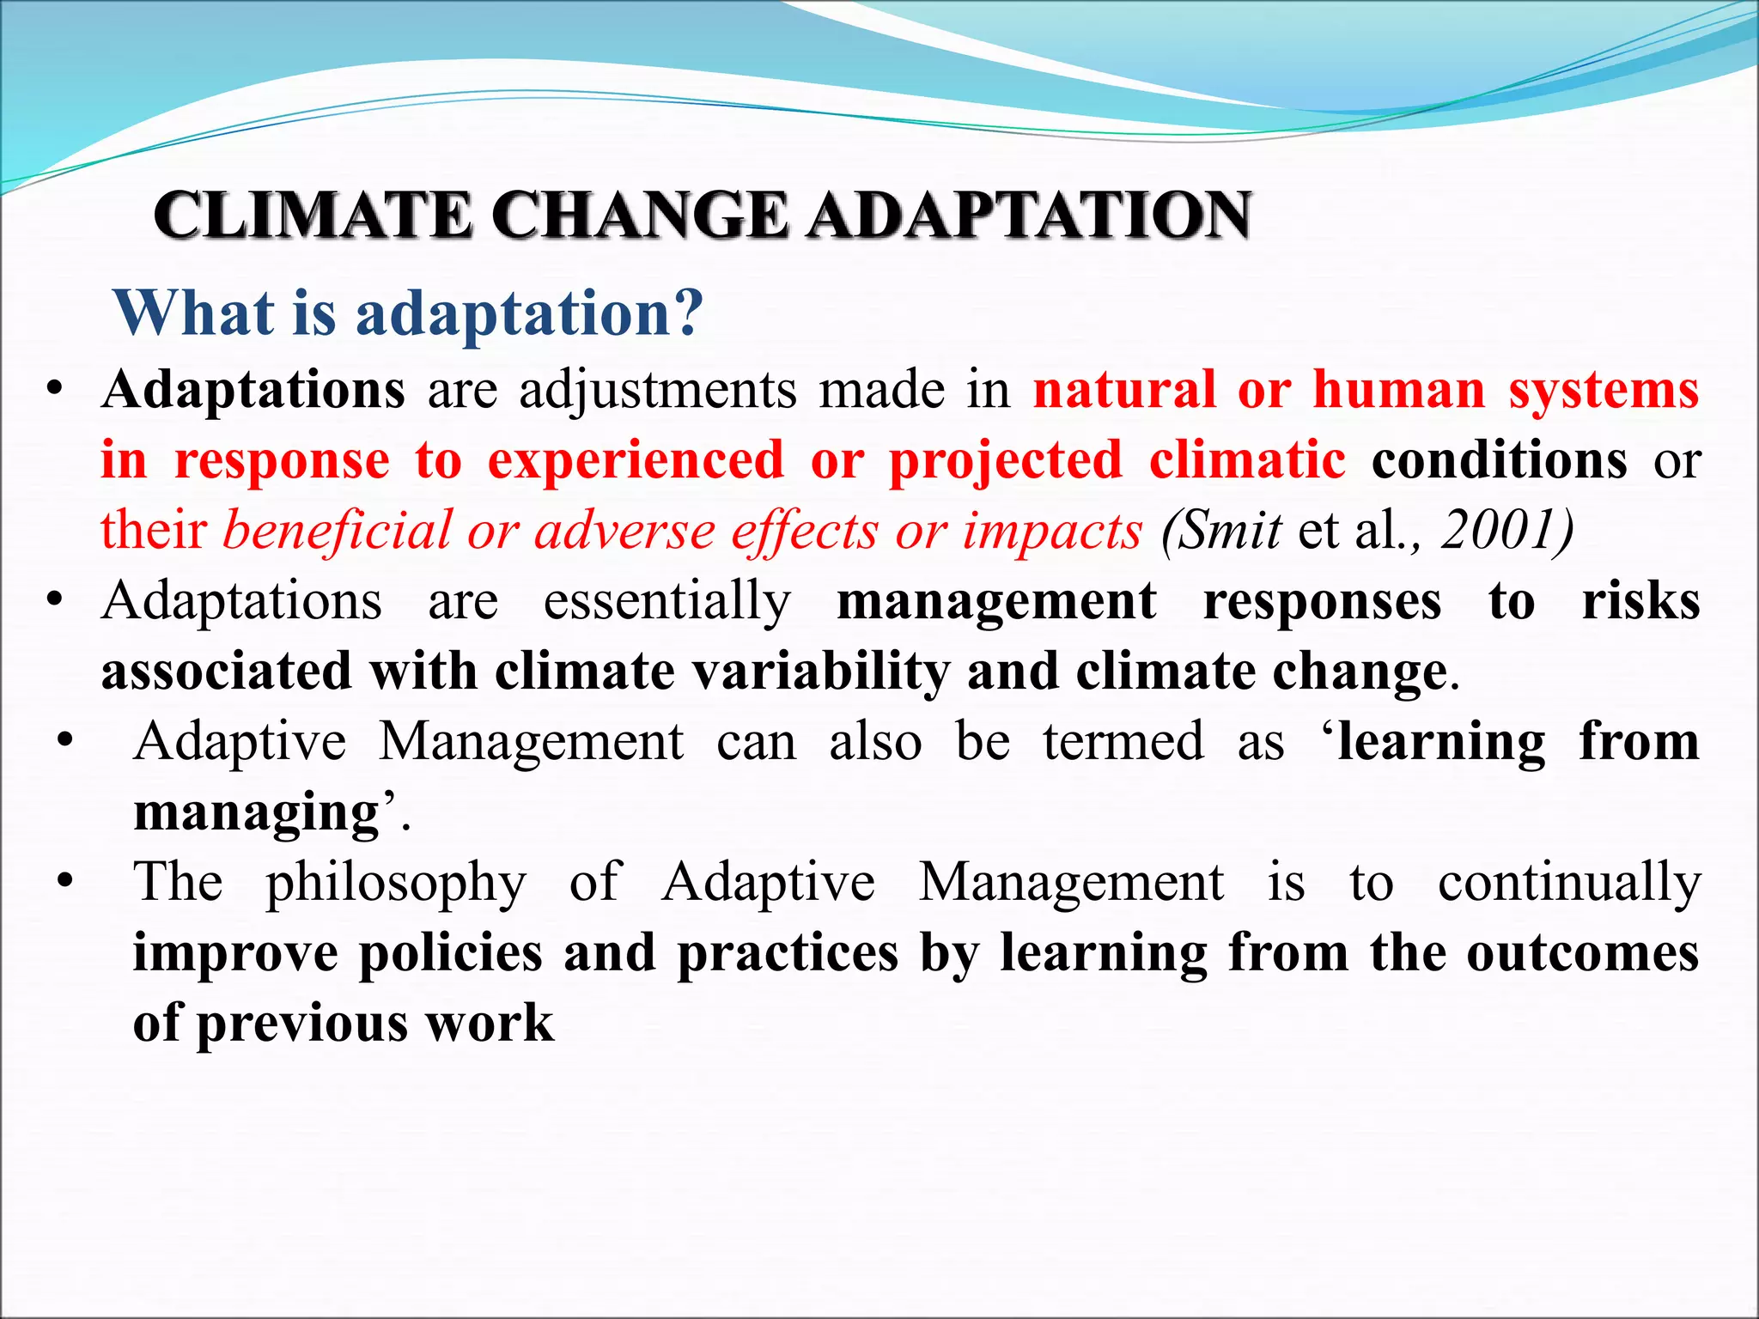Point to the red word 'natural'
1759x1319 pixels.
click(x=1124, y=391)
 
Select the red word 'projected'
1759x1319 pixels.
click(x=1006, y=462)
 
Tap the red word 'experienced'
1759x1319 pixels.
click(x=636, y=461)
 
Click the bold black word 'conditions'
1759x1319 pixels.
click(x=1499, y=461)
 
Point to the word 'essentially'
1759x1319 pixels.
click(x=667, y=601)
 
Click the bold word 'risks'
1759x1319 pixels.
click(x=1640, y=601)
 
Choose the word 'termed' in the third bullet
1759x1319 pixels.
click(x=1123, y=742)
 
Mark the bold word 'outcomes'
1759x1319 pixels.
click(x=1582, y=953)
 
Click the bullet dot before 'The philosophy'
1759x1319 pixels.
click(x=64, y=881)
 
